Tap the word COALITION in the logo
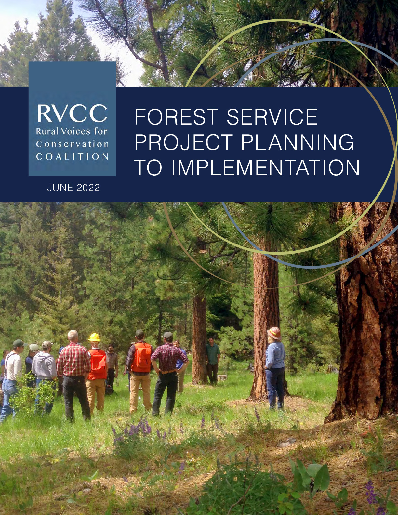click(x=72, y=157)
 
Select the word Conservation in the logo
click(x=72, y=144)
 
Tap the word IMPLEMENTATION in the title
click(x=265, y=167)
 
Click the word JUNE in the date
click(x=60, y=188)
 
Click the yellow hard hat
click(x=94, y=337)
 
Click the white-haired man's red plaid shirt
click(x=74, y=360)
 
